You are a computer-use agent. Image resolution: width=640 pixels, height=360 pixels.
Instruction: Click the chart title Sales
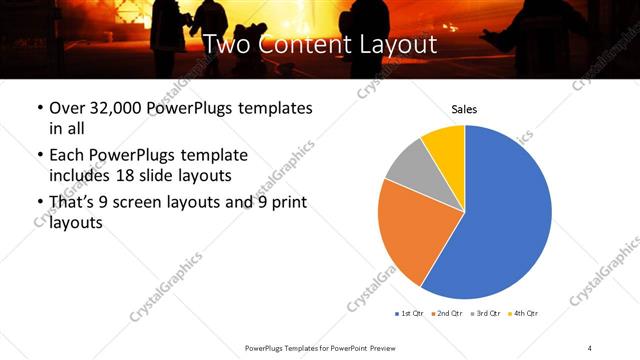(x=464, y=109)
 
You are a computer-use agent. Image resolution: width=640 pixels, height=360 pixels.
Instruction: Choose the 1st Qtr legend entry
(x=410, y=314)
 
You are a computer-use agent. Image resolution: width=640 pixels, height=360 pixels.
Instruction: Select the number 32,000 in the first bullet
(x=123, y=108)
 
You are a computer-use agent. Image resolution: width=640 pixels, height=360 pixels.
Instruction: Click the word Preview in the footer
(x=378, y=346)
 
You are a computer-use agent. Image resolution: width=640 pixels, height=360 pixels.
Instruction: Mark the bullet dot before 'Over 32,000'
(x=39, y=109)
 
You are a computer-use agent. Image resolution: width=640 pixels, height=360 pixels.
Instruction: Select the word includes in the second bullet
(x=81, y=174)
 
